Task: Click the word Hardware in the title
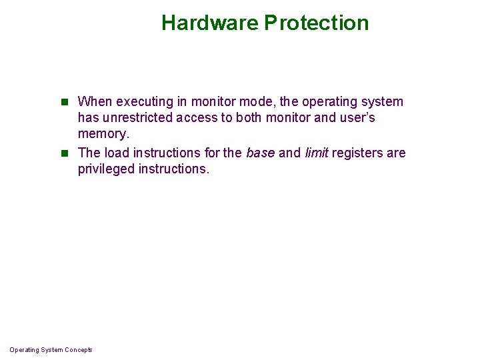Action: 209,23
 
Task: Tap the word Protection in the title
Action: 316,23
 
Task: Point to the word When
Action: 95,102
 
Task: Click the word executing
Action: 143,102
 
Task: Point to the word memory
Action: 102,134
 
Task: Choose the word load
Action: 117,153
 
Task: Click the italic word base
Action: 260,153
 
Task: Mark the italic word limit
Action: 316,153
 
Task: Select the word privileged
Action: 106,169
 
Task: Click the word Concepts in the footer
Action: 79,350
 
